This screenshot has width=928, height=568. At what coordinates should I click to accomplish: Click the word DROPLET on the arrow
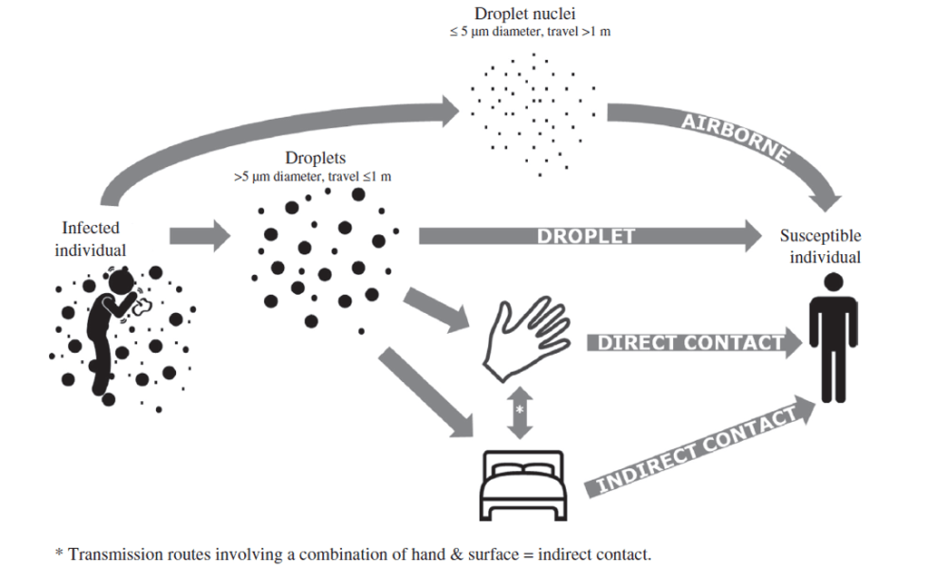(585, 236)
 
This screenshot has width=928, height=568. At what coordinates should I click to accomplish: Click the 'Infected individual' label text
(91, 238)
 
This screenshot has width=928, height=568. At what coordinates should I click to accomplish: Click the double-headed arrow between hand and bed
(520, 410)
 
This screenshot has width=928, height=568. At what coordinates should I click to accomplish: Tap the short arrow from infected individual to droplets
(200, 238)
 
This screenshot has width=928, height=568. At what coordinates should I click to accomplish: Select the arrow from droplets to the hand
(439, 308)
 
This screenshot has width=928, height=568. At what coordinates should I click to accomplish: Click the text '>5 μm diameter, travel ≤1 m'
(313, 176)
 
